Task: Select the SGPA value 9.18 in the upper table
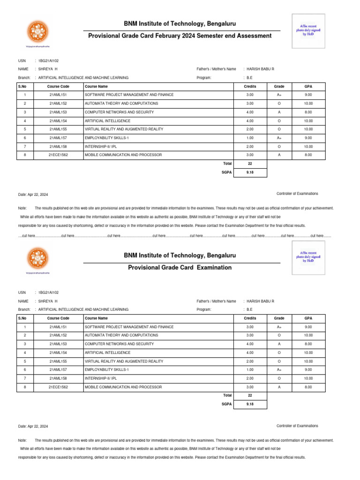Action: pos(250,172)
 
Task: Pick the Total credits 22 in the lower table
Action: pos(250,395)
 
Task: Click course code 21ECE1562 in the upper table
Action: pos(59,155)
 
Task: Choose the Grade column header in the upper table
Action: pos(279,87)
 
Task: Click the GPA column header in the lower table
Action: pos(308,318)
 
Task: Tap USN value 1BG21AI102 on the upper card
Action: pos(48,60)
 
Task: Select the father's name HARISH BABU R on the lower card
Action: pos(260,301)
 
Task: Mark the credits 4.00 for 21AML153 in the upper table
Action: pos(250,112)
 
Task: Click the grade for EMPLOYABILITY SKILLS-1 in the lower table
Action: pos(279,370)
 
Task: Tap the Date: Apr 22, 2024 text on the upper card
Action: pos(33,194)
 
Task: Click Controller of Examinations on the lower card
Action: pos(297,426)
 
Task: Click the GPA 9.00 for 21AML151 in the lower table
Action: pos(308,327)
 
